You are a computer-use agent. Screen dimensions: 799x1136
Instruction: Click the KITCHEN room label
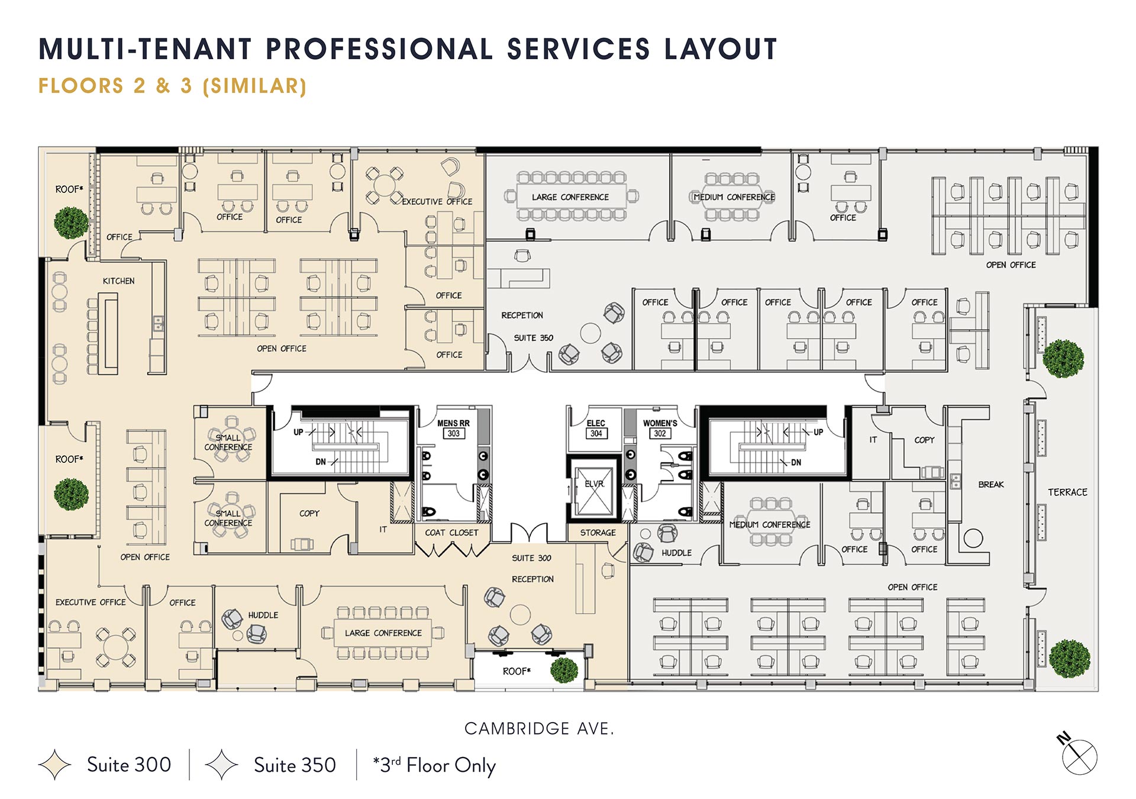click(x=118, y=281)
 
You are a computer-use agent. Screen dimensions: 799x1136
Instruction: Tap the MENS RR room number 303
click(x=453, y=434)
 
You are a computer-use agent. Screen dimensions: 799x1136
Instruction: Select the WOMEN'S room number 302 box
click(x=660, y=434)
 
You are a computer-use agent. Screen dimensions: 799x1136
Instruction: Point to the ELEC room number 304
click(x=596, y=434)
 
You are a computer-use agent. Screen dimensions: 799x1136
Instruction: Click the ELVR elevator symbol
click(x=593, y=492)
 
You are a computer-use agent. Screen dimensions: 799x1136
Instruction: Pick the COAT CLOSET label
click(x=451, y=533)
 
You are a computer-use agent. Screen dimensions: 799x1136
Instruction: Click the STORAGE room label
click(x=598, y=533)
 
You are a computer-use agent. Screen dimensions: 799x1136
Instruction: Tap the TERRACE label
click(x=1067, y=492)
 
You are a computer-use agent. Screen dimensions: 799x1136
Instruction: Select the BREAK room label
click(x=991, y=485)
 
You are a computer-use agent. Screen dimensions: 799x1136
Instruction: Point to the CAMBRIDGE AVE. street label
click(x=539, y=729)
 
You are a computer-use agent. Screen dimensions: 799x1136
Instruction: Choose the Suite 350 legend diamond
click(x=221, y=765)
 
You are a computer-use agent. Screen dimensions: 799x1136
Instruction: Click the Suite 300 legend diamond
click(x=54, y=765)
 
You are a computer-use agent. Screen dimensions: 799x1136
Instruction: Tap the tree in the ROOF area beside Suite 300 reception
click(x=564, y=669)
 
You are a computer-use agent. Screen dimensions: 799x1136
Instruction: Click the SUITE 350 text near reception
click(x=533, y=338)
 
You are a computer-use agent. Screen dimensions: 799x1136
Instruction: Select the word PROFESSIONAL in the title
click(x=379, y=49)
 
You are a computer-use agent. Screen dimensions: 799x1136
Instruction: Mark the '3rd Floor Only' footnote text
click(x=435, y=765)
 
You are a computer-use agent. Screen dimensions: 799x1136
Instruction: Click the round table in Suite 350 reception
click(x=590, y=333)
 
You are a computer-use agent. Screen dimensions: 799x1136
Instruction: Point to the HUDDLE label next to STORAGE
click(x=676, y=553)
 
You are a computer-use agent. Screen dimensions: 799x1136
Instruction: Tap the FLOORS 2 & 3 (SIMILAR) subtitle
click(x=172, y=86)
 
